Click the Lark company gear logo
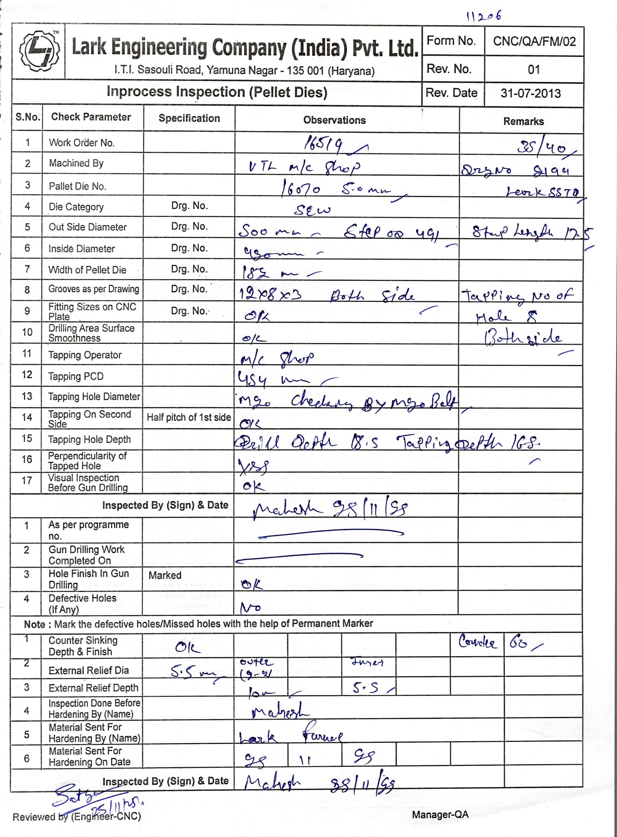39,51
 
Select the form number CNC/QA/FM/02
534,41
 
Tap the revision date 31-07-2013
530,93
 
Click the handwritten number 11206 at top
484,15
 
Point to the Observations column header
334,120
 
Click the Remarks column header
523,121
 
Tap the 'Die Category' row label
76,207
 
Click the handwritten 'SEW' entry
312,210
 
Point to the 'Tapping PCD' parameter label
75,376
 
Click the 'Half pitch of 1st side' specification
189,417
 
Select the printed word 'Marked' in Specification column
165,575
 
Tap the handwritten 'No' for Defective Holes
251,607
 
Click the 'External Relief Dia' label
89,670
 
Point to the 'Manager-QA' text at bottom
440,814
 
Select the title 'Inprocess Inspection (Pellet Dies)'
217,92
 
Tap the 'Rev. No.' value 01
534,70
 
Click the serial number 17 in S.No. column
27,480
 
